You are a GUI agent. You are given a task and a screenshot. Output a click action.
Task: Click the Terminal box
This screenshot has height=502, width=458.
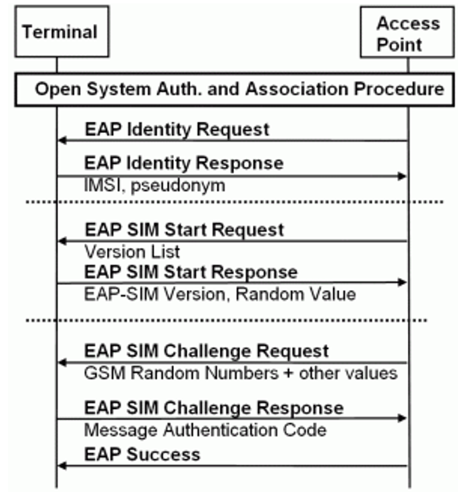62,31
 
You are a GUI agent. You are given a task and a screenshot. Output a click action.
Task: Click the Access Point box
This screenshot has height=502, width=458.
407,32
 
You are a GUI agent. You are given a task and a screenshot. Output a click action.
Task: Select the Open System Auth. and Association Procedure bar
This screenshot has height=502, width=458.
235,90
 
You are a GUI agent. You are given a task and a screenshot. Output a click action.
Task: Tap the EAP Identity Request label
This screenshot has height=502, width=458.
177,130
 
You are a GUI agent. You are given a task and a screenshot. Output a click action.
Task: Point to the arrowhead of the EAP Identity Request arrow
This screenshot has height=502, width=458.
62,140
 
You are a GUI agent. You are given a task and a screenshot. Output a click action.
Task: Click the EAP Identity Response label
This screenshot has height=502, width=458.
184,162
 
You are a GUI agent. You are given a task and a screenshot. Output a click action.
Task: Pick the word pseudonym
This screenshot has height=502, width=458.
178,186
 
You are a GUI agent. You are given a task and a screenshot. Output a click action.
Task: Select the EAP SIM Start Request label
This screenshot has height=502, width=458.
185,229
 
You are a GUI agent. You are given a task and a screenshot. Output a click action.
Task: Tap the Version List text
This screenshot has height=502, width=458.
132,251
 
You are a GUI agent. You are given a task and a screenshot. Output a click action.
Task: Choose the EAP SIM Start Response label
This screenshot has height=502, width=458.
191,272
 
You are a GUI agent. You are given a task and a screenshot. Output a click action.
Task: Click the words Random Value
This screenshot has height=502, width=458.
296,294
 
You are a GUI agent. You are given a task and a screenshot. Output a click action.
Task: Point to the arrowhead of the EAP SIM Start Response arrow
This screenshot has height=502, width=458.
402,282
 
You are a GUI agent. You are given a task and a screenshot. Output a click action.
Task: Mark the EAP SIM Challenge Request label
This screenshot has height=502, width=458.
207,351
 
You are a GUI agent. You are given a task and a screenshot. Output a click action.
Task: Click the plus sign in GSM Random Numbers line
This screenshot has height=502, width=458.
289,374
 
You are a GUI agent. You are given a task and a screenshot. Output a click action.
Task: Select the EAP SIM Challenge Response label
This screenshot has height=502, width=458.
214,408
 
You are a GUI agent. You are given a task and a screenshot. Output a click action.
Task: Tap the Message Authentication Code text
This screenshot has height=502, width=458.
205,430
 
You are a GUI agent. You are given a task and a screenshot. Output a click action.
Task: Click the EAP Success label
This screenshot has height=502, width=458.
142,455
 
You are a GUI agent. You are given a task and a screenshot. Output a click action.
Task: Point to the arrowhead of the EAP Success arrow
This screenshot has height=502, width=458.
62,466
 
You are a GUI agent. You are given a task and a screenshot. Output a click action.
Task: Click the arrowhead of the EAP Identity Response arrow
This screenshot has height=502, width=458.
402,176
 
